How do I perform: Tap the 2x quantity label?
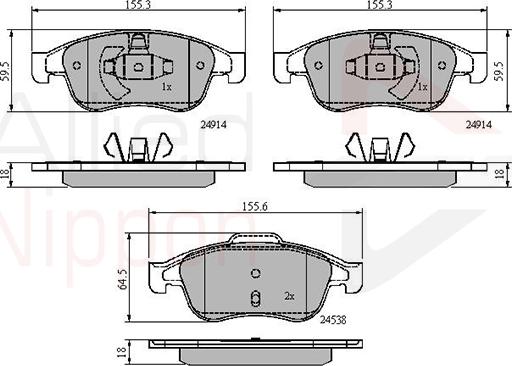click(290, 297)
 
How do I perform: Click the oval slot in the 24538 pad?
click(256, 298)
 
